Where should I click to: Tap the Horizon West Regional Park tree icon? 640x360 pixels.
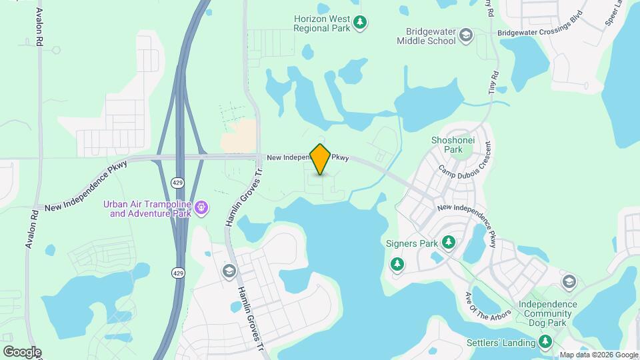click(360, 23)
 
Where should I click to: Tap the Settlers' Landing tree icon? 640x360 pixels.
click(546, 343)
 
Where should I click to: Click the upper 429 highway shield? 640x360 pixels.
click(177, 182)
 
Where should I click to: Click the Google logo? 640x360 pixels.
click(21, 352)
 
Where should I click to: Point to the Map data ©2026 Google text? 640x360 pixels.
click(599, 355)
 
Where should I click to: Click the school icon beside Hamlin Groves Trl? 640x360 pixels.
click(229, 271)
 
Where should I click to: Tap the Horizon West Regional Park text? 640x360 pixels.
click(323, 23)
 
